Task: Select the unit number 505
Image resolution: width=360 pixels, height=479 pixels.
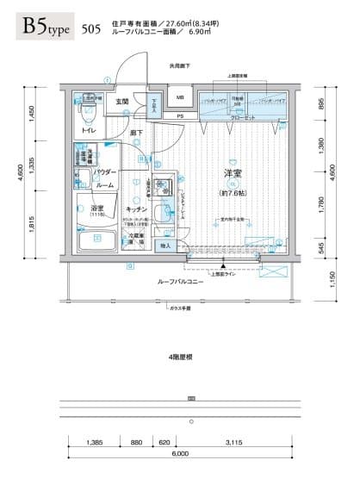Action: [88, 29]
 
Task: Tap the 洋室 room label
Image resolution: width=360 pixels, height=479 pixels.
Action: [232, 174]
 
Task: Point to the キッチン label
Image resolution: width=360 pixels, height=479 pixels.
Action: [135, 209]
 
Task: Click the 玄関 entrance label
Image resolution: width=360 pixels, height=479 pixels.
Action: [122, 102]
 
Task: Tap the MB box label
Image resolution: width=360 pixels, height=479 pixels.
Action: [181, 98]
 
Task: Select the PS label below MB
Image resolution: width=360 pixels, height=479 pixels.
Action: [180, 116]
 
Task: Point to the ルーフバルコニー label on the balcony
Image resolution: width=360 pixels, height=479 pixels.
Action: [180, 282]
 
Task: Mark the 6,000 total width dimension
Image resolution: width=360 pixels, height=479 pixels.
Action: [179, 453]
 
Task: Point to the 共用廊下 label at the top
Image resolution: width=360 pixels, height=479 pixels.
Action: [180, 65]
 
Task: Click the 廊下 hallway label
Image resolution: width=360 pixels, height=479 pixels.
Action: [138, 134]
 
